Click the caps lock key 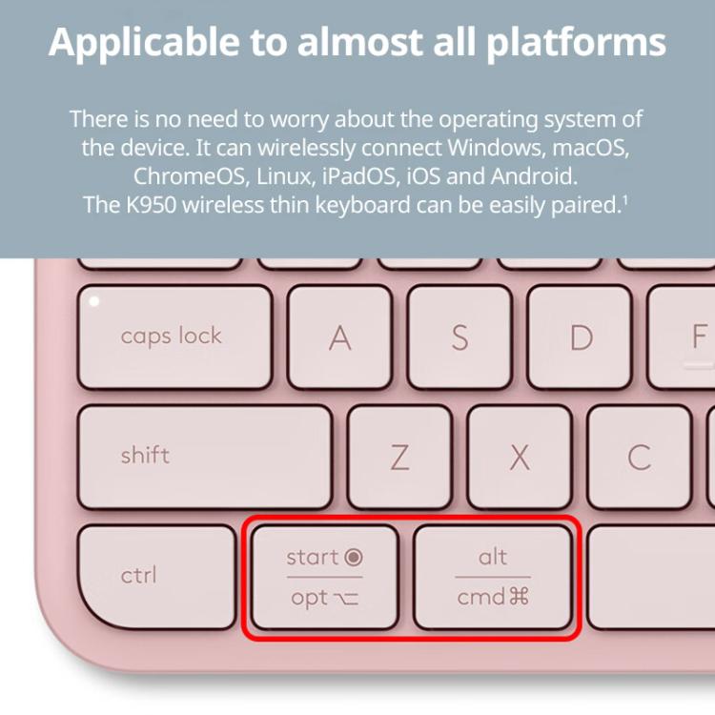coord(174,337)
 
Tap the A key coord(339,337)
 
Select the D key coord(581,337)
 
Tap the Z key coord(399,458)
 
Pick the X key coord(520,458)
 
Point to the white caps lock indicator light coord(93,301)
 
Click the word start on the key coord(313,558)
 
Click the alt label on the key coord(493,557)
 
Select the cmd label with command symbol coord(493,599)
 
